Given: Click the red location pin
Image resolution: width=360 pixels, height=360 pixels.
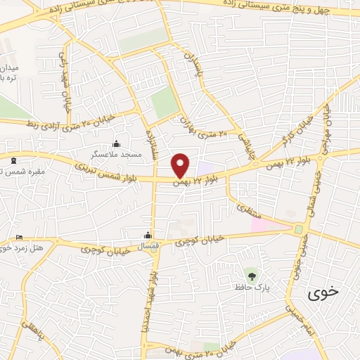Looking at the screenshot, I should click(181, 166).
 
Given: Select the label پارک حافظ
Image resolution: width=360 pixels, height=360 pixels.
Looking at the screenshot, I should click(252, 286).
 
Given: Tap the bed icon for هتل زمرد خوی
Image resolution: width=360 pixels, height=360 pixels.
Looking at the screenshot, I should click(19, 238).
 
